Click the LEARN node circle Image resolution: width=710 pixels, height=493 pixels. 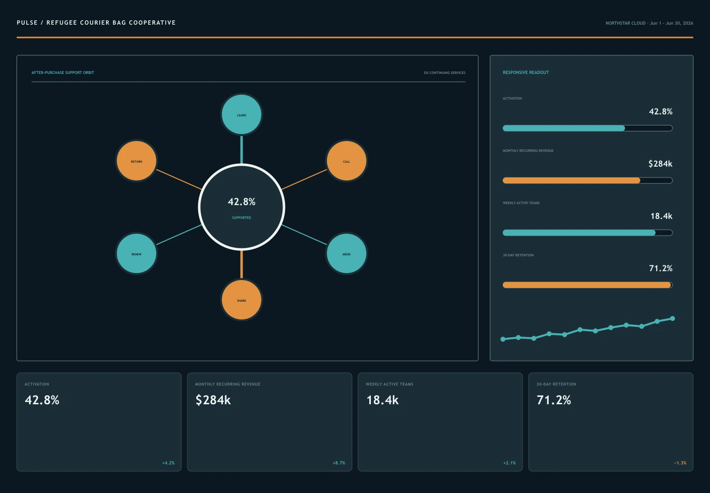click(x=242, y=114)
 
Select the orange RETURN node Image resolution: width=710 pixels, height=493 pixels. click(x=137, y=161)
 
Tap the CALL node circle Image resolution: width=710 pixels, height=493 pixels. click(x=347, y=161)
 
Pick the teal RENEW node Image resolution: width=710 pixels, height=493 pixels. click(x=137, y=253)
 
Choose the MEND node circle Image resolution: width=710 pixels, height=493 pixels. click(x=347, y=253)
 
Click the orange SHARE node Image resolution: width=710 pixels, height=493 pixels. click(x=242, y=300)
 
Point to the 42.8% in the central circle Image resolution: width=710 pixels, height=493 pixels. click(x=242, y=202)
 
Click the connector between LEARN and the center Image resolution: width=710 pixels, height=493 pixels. click(x=242, y=149)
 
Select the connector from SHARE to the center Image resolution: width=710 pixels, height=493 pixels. click(x=242, y=265)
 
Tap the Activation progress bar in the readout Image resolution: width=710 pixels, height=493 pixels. click(x=587, y=128)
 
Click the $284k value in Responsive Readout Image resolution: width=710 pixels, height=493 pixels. click(x=660, y=164)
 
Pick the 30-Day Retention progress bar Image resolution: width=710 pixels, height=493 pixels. click(x=587, y=285)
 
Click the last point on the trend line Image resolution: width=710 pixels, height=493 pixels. click(x=673, y=318)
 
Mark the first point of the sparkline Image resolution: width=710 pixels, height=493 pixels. click(x=503, y=339)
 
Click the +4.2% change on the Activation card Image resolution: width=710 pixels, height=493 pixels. click(x=168, y=463)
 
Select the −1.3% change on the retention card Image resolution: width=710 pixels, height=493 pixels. click(x=680, y=463)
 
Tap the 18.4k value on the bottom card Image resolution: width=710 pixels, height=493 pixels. click(x=382, y=400)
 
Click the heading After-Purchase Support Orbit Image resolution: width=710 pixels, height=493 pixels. click(x=63, y=72)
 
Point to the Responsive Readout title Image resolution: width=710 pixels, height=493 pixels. click(x=526, y=72)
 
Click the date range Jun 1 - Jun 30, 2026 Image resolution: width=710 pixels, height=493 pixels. click(x=672, y=23)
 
